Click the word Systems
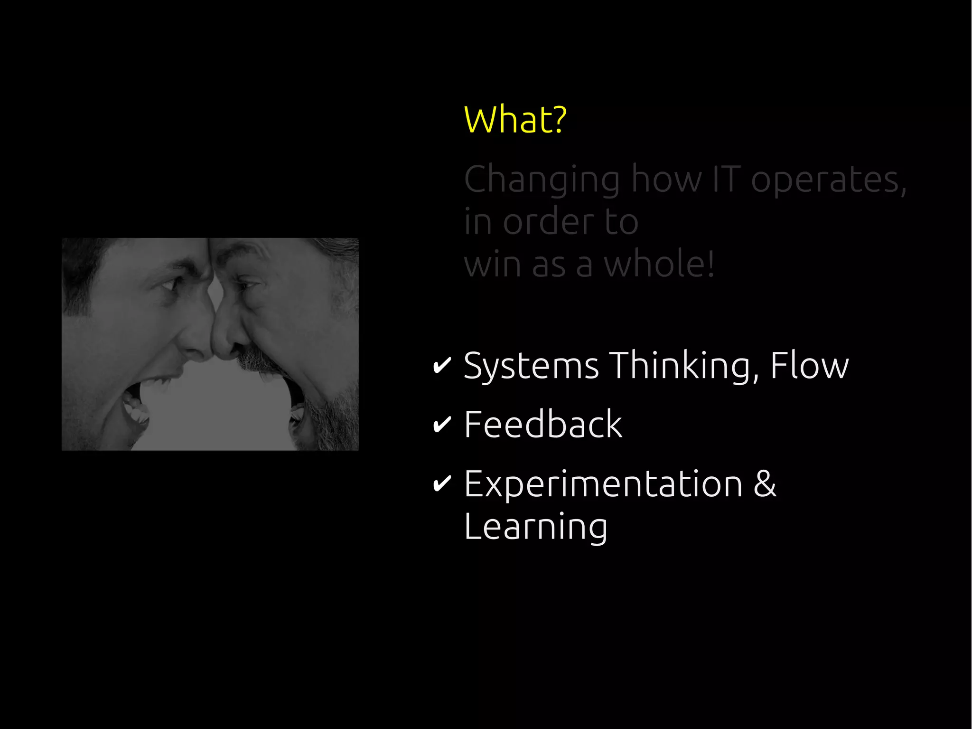pos(531,366)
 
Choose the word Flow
pos(809,366)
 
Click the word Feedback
pos(543,424)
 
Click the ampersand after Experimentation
pos(765,484)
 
